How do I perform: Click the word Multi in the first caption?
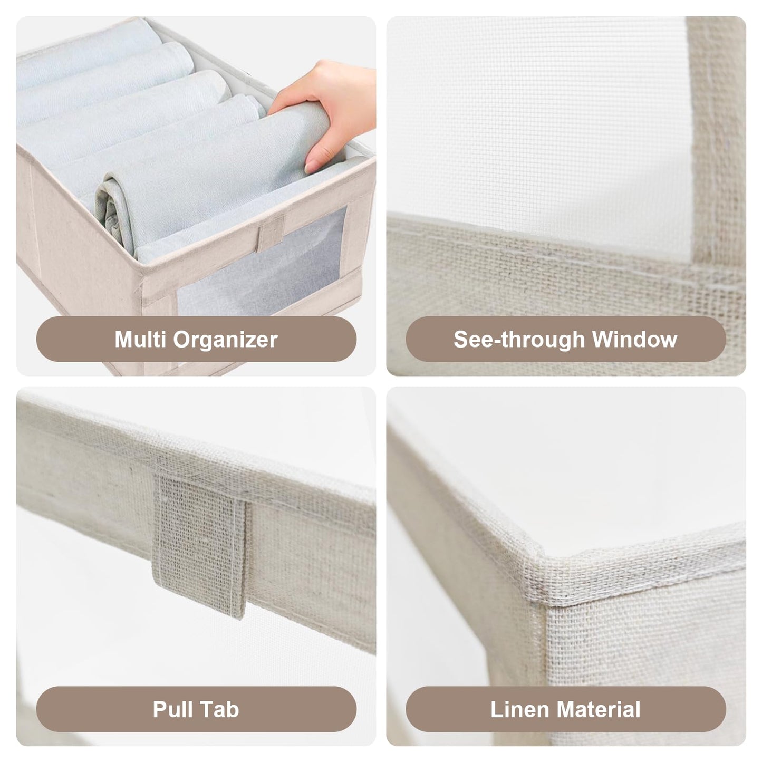[x=140, y=339]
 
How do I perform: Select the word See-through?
[x=519, y=340]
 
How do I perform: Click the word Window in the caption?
[x=635, y=339]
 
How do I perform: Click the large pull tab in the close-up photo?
[x=200, y=542]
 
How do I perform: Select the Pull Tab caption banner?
[x=196, y=709]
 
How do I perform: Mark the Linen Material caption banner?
[x=566, y=709]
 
